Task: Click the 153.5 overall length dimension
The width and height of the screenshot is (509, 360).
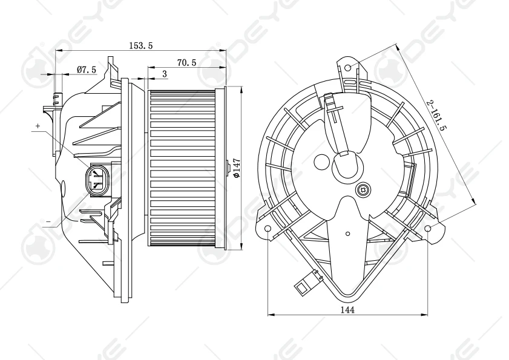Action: tap(140, 45)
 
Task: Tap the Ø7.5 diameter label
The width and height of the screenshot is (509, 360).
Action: tap(87, 70)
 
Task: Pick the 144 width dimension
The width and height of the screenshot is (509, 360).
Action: tap(347, 309)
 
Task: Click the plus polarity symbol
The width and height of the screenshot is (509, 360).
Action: tap(38, 125)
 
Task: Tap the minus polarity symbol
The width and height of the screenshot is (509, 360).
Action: tap(48, 222)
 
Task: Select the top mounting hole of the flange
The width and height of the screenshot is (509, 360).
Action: tap(349, 67)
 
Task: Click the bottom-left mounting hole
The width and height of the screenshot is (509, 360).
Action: tap(268, 228)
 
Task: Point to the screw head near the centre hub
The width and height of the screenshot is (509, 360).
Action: tap(363, 189)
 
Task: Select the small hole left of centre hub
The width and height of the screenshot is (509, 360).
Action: tap(321, 162)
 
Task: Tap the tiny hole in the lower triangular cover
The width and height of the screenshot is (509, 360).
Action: tap(347, 233)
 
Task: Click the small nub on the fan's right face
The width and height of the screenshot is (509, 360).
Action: tap(226, 165)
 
